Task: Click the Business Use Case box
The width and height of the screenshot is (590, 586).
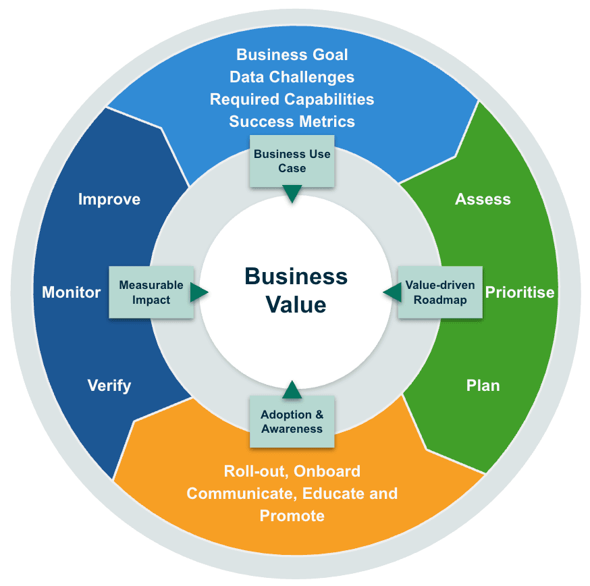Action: click(292, 161)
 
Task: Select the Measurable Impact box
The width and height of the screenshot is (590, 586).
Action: click(151, 292)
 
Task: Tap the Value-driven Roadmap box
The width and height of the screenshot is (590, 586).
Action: click(440, 292)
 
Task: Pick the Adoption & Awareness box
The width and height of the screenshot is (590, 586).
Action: click(292, 422)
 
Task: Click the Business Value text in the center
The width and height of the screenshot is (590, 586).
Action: click(296, 290)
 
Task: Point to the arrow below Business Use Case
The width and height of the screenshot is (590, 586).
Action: click(292, 194)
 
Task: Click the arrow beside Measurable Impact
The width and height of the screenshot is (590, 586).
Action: click(198, 292)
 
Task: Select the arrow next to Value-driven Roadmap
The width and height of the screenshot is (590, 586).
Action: click(392, 292)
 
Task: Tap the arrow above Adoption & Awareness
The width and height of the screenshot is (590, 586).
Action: click(292, 390)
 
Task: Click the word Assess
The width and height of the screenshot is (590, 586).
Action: click(483, 199)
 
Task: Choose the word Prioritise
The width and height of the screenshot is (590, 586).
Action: click(520, 292)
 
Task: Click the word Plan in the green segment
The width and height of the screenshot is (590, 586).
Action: click(483, 385)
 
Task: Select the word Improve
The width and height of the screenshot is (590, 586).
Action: click(109, 199)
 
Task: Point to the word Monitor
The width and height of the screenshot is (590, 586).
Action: click(72, 292)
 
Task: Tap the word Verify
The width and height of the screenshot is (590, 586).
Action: click(109, 385)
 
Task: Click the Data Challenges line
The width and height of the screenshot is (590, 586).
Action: click(292, 77)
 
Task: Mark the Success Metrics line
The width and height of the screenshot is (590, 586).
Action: click(292, 122)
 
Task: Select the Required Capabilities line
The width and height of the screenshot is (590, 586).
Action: click(292, 99)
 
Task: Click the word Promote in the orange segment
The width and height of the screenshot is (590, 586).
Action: click(292, 516)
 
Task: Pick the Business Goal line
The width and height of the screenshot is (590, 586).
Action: click(292, 55)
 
